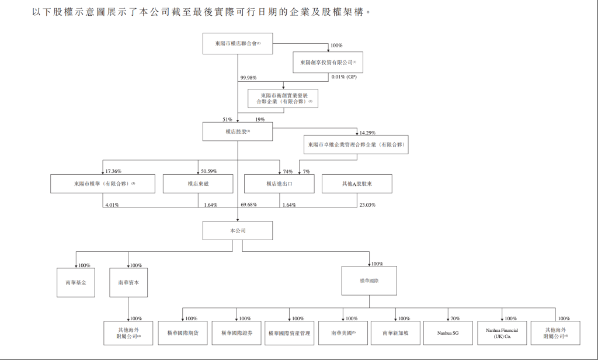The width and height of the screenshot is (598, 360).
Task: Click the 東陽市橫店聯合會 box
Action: pos(237,44)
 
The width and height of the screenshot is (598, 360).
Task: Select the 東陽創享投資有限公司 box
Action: pos(328,62)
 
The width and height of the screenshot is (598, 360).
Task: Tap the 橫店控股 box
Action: pos(237,131)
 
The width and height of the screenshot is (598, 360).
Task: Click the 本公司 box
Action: pos(237,231)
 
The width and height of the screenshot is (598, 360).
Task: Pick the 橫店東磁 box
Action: pos(197,184)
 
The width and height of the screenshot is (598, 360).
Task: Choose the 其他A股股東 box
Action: pos(357,184)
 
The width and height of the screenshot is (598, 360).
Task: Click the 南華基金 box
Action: pos(75,282)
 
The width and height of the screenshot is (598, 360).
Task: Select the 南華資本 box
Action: pos(128,282)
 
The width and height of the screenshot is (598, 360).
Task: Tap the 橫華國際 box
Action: pos(369,281)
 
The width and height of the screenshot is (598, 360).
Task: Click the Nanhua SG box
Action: pos(448,333)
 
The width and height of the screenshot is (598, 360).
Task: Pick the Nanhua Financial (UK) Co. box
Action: pos(502,333)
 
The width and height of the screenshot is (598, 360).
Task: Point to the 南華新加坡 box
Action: pos(396,333)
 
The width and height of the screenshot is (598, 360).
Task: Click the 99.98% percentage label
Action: pos(248,78)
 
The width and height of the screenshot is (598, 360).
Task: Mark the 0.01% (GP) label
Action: pos(344,77)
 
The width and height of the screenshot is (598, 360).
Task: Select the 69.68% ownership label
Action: pos(249,205)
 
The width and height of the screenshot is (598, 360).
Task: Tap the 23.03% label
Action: pos(367,205)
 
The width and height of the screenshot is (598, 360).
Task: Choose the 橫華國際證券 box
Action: pos(236,333)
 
